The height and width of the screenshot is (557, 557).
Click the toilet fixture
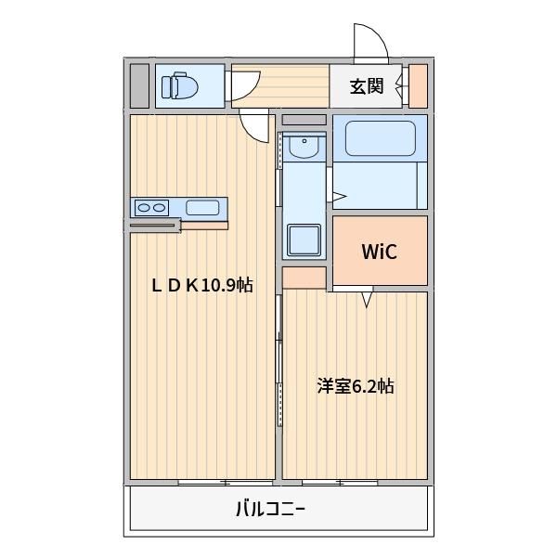pos(179,85)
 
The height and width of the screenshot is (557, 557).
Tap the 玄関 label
pos(367,86)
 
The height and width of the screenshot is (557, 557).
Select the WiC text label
pos(380,252)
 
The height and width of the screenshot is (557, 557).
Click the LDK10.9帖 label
pos(202,285)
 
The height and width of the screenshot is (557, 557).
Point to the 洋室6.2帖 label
pos(356,386)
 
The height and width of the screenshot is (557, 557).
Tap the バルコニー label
pos(271,509)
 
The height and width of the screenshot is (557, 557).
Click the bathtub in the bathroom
pos(380,138)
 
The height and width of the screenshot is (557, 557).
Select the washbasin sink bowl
pos(304,147)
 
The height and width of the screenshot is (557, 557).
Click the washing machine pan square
pos(304,240)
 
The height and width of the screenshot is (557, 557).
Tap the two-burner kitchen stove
pos(151,207)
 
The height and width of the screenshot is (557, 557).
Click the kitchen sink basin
pos(202,207)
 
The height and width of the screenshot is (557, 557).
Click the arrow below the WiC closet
pos(368,299)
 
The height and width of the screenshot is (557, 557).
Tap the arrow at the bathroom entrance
pos(339,196)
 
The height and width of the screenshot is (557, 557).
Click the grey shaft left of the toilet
pos(139,85)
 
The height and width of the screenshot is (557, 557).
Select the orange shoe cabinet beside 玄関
pos(418,85)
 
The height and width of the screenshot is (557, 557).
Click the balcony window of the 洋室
pos(340,483)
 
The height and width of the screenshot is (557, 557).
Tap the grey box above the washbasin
pos(304,120)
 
